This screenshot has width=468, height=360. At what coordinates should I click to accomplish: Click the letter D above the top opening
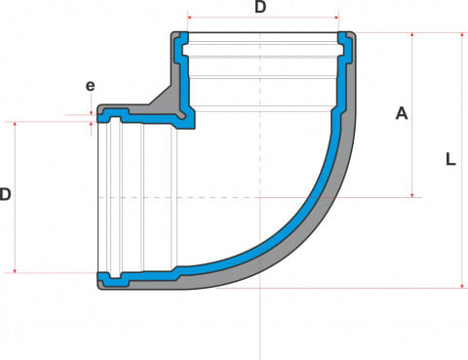pyautogui.click(x=260, y=7)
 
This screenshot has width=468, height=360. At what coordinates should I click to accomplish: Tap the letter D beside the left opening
pyautogui.click(x=5, y=194)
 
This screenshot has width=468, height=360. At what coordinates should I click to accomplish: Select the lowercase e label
pyautogui.click(x=91, y=86)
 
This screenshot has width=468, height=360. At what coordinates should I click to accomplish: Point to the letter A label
pyautogui.click(x=402, y=114)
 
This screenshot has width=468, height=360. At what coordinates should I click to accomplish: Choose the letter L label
pyautogui.click(x=450, y=160)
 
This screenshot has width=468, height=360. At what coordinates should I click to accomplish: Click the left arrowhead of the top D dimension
pyautogui.click(x=190, y=18)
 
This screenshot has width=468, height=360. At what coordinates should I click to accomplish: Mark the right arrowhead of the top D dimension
pyautogui.click(x=336, y=18)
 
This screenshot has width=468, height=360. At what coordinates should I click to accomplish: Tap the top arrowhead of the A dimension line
pyautogui.click(x=412, y=35)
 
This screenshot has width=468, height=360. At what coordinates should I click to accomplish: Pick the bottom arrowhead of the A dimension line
pyautogui.click(x=412, y=195)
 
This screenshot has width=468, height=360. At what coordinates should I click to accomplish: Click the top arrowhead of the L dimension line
pyautogui.click(x=463, y=35)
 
